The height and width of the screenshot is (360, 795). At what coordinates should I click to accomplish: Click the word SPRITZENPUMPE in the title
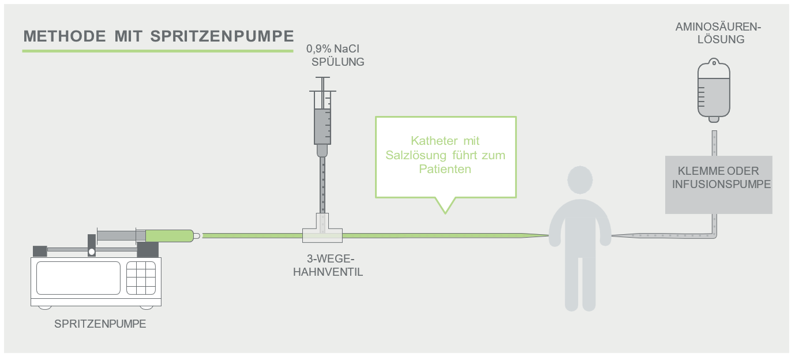222,36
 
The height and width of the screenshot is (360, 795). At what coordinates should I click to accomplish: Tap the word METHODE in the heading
65,36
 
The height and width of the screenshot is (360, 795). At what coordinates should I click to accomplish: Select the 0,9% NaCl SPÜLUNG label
335,55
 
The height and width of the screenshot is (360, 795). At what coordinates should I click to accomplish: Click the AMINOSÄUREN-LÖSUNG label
718,33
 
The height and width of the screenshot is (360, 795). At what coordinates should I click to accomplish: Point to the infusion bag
714,90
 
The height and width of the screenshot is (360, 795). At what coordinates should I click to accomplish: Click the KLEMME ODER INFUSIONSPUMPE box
719,185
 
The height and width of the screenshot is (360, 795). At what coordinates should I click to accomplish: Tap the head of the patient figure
580,179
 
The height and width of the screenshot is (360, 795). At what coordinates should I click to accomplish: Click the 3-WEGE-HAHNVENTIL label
328,265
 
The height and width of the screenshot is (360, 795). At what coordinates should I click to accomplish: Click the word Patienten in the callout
445,169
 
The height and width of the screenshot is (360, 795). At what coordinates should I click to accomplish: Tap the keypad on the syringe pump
141,278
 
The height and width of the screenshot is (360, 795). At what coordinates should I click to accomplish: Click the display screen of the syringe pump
78,278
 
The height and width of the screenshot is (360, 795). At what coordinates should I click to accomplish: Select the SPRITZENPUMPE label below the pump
100,324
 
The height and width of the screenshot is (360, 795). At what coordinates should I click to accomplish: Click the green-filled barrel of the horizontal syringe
170,236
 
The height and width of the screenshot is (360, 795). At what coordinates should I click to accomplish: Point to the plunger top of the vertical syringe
322,77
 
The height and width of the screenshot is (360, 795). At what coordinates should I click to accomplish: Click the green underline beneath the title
157,51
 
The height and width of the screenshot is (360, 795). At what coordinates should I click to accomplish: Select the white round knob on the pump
92,252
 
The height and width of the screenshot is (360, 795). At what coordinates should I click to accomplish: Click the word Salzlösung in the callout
416,155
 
